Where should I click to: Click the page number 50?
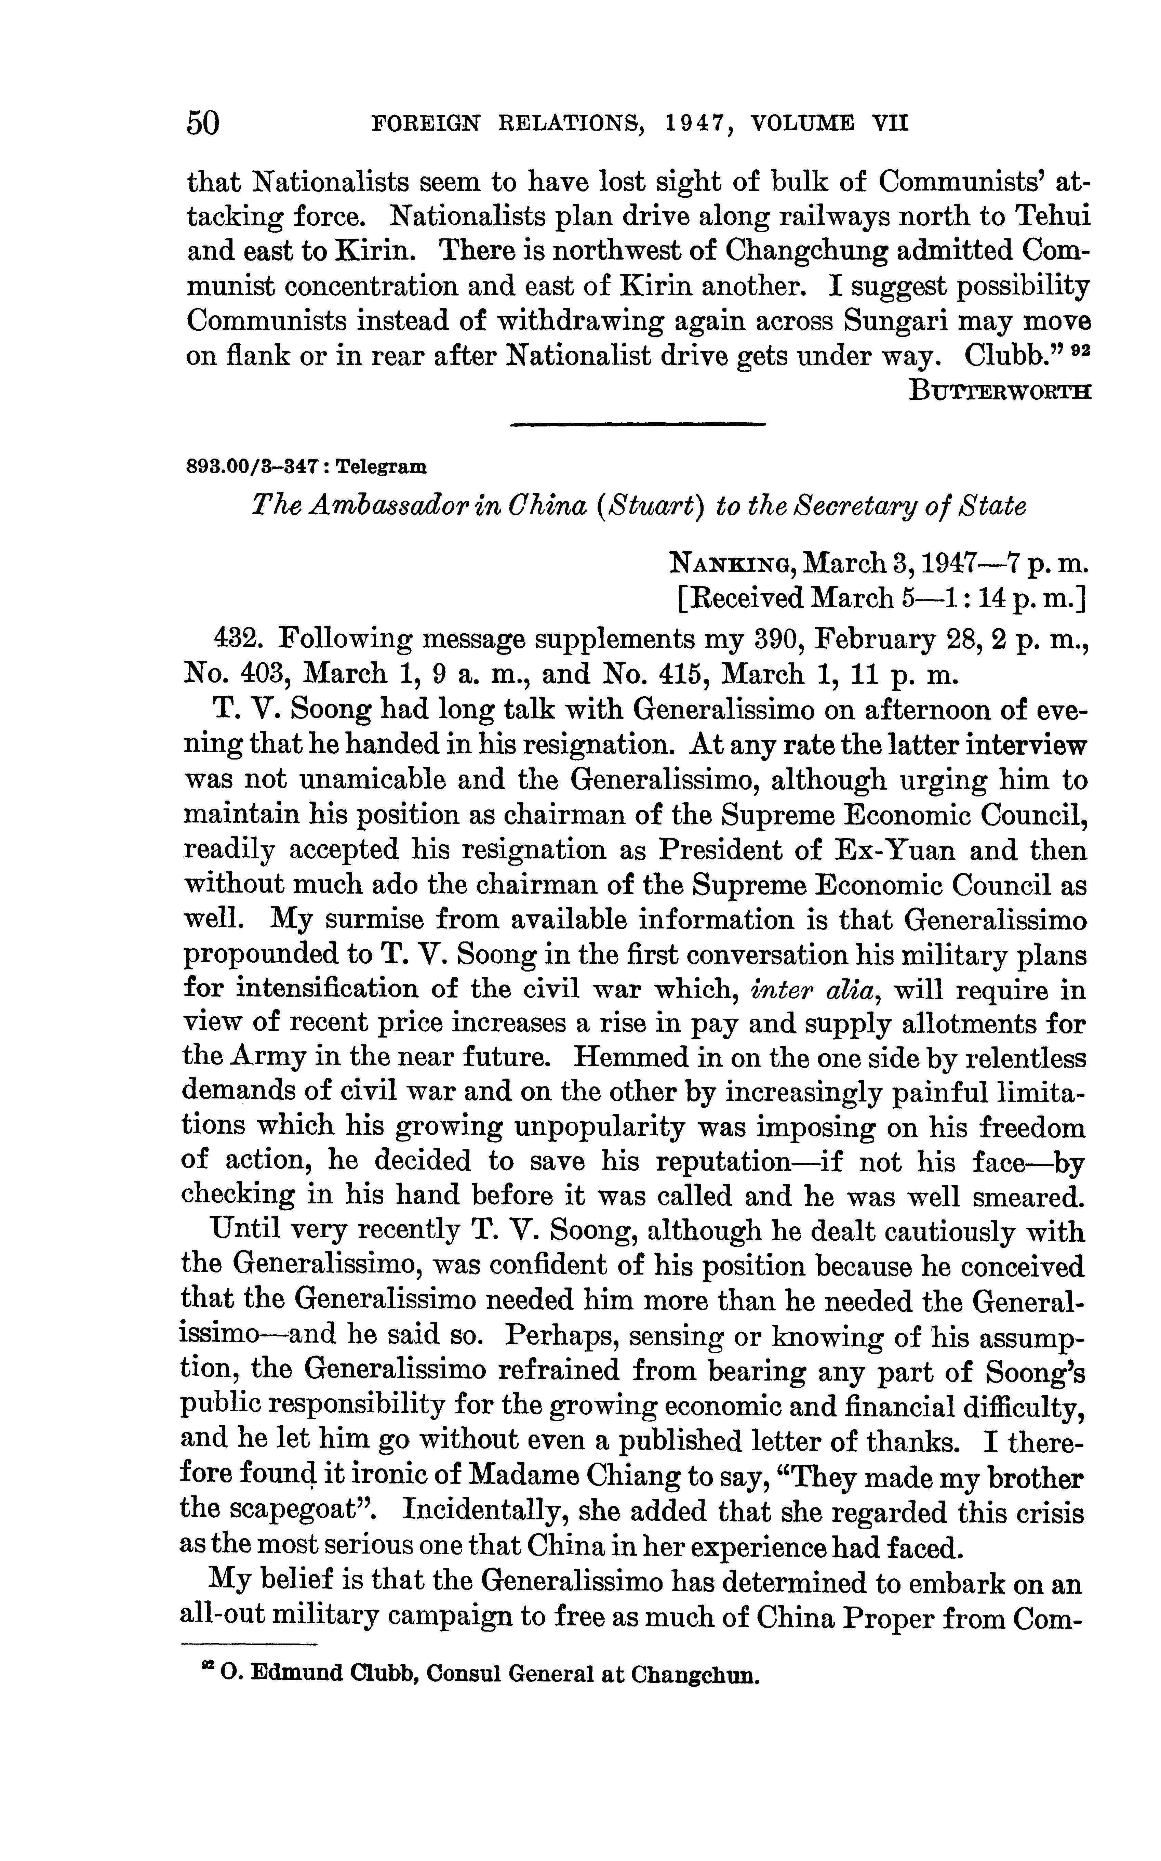[203, 123]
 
